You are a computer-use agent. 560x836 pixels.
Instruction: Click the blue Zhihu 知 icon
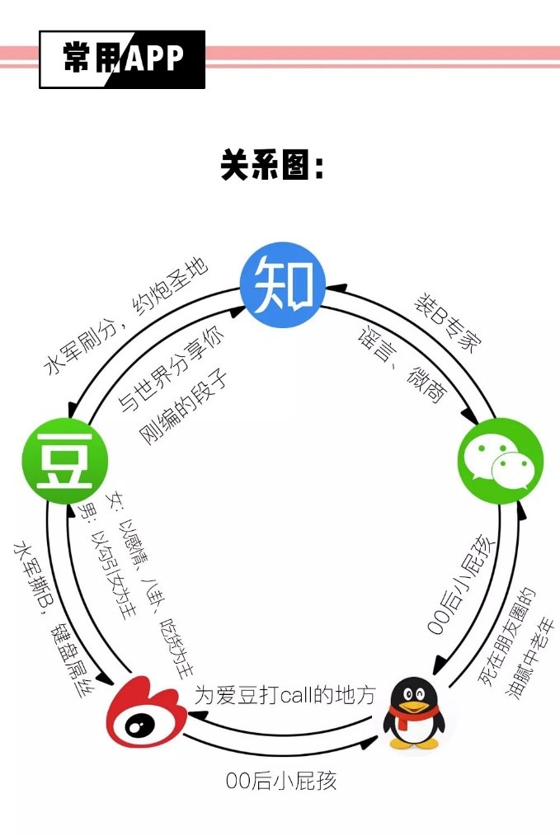click(x=283, y=284)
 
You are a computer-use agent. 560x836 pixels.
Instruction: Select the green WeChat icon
click(x=501, y=461)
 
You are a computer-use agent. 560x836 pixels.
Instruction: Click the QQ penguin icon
click(x=412, y=713)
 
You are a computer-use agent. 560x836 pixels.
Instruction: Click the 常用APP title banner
click(x=122, y=59)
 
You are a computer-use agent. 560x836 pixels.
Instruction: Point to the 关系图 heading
click(x=272, y=165)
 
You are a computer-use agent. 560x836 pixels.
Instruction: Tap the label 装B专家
click(x=447, y=323)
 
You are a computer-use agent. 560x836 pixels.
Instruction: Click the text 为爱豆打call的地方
click(x=285, y=695)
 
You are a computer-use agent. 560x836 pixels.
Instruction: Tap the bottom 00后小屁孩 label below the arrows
click(x=281, y=781)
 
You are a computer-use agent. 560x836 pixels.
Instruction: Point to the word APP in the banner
click(x=155, y=57)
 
